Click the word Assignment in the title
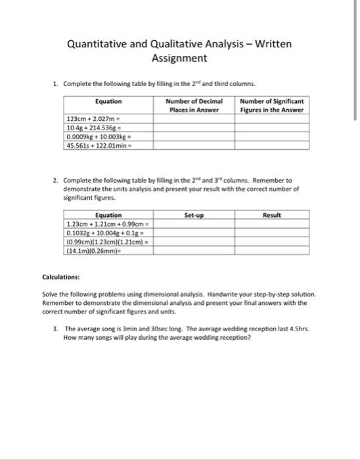[x=179, y=59]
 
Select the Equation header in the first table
[x=108, y=101]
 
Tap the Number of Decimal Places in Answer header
[x=194, y=106]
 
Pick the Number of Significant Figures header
[x=271, y=106]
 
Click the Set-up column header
[x=194, y=215]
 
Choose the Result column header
[x=271, y=215]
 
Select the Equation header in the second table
[x=108, y=215]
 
